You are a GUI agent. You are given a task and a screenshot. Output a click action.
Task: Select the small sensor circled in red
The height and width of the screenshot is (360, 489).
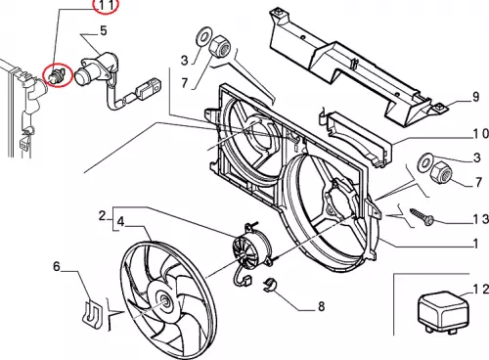pyautogui.click(x=57, y=75)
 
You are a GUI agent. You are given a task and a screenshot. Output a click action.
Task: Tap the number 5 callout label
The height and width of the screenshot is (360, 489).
pyautogui.click(x=104, y=31)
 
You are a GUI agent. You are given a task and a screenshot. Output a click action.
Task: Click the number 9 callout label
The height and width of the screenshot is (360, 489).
pyautogui.click(x=475, y=97)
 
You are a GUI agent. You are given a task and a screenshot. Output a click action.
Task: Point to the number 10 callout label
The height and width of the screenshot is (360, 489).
pyautogui.click(x=480, y=133)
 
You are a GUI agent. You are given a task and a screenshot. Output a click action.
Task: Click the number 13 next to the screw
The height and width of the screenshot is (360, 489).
pyautogui.click(x=481, y=219)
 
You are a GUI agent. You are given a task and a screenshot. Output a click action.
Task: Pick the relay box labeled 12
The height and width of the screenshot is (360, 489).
pyautogui.click(x=443, y=312)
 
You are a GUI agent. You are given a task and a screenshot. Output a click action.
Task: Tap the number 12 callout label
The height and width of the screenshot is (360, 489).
pyautogui.click(x=481, y=290)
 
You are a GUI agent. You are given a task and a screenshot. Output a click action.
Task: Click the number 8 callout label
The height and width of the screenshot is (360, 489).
pyautogui.click(x=322, y=306)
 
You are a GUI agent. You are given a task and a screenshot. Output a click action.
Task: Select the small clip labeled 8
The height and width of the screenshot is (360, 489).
pyautogui.click(x=269, y=285)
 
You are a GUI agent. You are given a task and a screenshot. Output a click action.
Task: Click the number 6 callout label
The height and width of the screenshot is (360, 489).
pyautogui.click(x=57, y=266)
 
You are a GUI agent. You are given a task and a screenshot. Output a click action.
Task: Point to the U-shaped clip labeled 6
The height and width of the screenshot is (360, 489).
pyautogui.click(x=92, y=315)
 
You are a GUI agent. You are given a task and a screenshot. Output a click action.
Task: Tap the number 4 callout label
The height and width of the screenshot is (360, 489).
pyautogui.click(x=120, y=222)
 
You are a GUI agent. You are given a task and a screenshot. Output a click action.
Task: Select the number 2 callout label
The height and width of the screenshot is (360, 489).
pyautogui.click(x=103, y=216)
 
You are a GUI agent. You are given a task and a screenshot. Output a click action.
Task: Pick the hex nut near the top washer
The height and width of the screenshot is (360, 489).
pyautogui.click(x=219, y=46)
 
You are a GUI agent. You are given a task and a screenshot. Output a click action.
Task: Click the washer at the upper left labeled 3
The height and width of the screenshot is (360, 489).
pyautogui.click(x=203, y=36)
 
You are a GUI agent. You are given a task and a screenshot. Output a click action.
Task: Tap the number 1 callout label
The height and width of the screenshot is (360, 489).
pyautogui.click(x=476, y=244)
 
